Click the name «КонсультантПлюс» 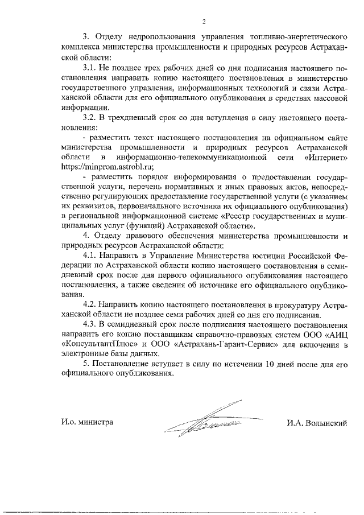coord(94,344)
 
